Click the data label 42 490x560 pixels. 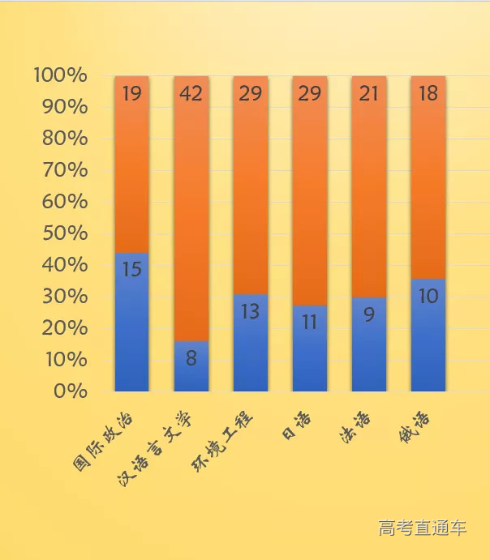pyautogui.click(x=191, y=94)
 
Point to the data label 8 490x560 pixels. pyautogui.click(x=191, y=358)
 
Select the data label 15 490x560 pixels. pyautogui.click(x=131, y=269)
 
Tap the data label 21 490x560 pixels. pyautogui.click(x=369, y=94)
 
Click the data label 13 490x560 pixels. pyautogui.click(x=250, y=310)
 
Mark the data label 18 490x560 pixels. pyautogui.click(x=428, y=94)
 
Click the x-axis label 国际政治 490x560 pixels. pyautogui.click(x=105, y=442)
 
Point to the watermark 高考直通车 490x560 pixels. pyautogui.click(x=422, y=528)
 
